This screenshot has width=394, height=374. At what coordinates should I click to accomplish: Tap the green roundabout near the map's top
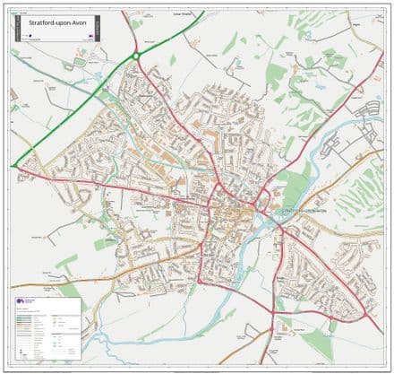[136, 56]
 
